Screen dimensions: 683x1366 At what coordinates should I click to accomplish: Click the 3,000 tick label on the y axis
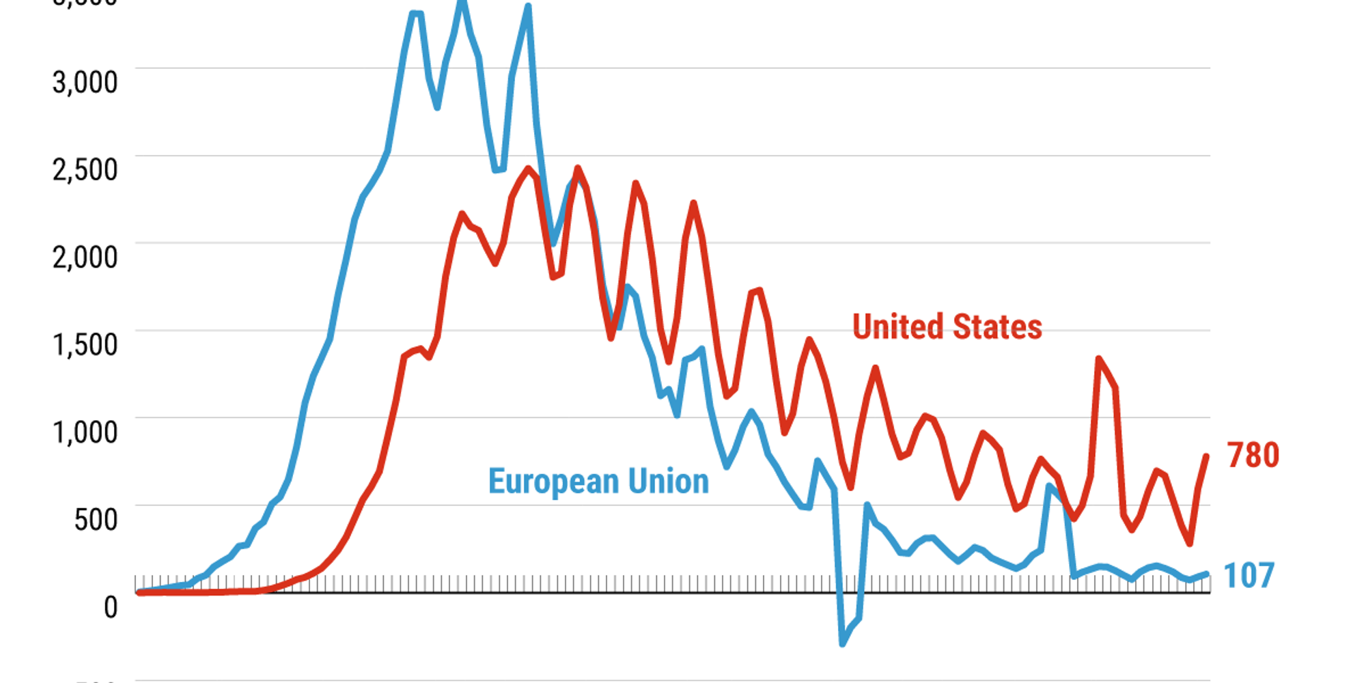pyautogui.click(x=85, y=82)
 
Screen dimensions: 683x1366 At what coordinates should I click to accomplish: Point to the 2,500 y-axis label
pyautogui.click(x=85, y=169)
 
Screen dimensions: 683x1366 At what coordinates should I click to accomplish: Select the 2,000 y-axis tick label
pyautogui.click(x=85, y=257)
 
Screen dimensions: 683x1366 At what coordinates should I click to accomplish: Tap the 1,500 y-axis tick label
pyautogui.click(x=85, y=344)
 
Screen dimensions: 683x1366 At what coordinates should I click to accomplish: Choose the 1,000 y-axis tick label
pyautogui.click(x=85, y=432)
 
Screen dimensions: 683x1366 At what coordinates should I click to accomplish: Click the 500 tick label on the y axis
pyautogui.click(x=96, y=519)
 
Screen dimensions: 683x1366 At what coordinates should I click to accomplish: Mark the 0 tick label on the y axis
pyautogui.click(x=111, y=607)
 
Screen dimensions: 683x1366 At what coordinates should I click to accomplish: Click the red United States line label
pyautogui.click(x=947, y=326)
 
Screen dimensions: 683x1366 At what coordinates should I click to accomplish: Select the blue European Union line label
pyautogui.click(x=598, y=482)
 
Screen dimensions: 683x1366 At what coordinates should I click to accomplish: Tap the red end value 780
pyautogui.click(x=1253, y=455)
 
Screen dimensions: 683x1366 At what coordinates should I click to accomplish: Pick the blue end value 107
pyautogui.click(x=1249, y=575)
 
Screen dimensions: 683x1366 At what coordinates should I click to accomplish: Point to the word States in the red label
pyautogui.click(x=997, y=326)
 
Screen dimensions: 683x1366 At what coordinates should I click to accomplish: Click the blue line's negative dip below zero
pyautogui.click(x=843, y=643)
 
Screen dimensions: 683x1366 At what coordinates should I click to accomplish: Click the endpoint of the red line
pyautogui.click(x=1207, y=456)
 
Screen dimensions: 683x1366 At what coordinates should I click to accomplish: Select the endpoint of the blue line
pyautogui.click(x=1207, y=574)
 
